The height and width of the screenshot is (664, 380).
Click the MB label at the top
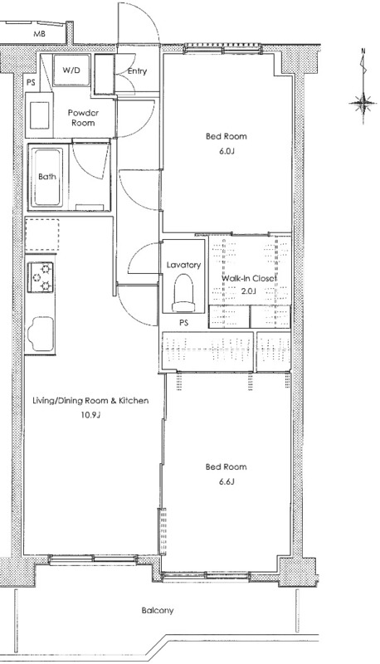click(x=39, y=34)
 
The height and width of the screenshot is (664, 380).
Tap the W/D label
click(x=71, y=71)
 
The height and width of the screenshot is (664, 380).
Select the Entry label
click(x=137, y=71)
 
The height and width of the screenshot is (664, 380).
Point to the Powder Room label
click(x=83, y=118)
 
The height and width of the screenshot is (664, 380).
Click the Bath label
click(x=47, y=177)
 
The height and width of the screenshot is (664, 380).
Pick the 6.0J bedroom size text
click(x=227, y=151)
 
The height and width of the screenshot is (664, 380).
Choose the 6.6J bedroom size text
click(x=227, y=481)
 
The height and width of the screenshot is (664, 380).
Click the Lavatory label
click(x=183, y=265)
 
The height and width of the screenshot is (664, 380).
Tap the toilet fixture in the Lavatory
click(x=183, y=293)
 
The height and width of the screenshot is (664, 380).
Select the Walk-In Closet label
click(x=249, y=279)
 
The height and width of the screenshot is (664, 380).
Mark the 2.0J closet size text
click(x=249, y=291)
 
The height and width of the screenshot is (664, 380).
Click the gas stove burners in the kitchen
click(x=41, y=277)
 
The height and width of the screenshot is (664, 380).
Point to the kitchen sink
click(x=41, y=334)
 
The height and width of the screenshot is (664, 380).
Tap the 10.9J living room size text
click(x=90, y=415)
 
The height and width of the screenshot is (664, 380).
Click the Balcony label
click(x=158, y=611)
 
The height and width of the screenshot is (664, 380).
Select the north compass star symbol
click(x=363, y=103)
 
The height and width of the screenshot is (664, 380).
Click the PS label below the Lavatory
click(x=183, y=323)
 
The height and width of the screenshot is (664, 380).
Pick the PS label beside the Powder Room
click(x=31, y=82)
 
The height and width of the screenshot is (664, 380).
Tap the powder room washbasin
click(x=39, y=115)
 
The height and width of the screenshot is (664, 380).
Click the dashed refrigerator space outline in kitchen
click(x=41, y=235)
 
